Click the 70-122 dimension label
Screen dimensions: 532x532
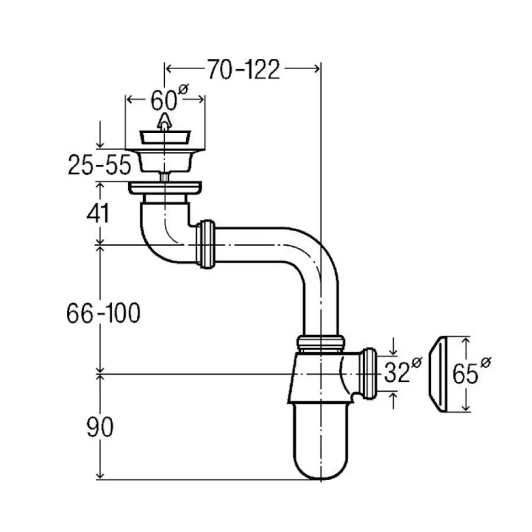click(242, 70)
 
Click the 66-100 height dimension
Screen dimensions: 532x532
click(103, 313)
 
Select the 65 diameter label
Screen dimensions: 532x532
click(471, 374)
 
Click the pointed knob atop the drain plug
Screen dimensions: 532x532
click(165, 123)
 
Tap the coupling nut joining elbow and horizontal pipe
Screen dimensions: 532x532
click(206, 244)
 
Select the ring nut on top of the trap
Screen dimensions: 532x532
click(320, 343)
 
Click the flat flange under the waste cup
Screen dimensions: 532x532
click(166, 189)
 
